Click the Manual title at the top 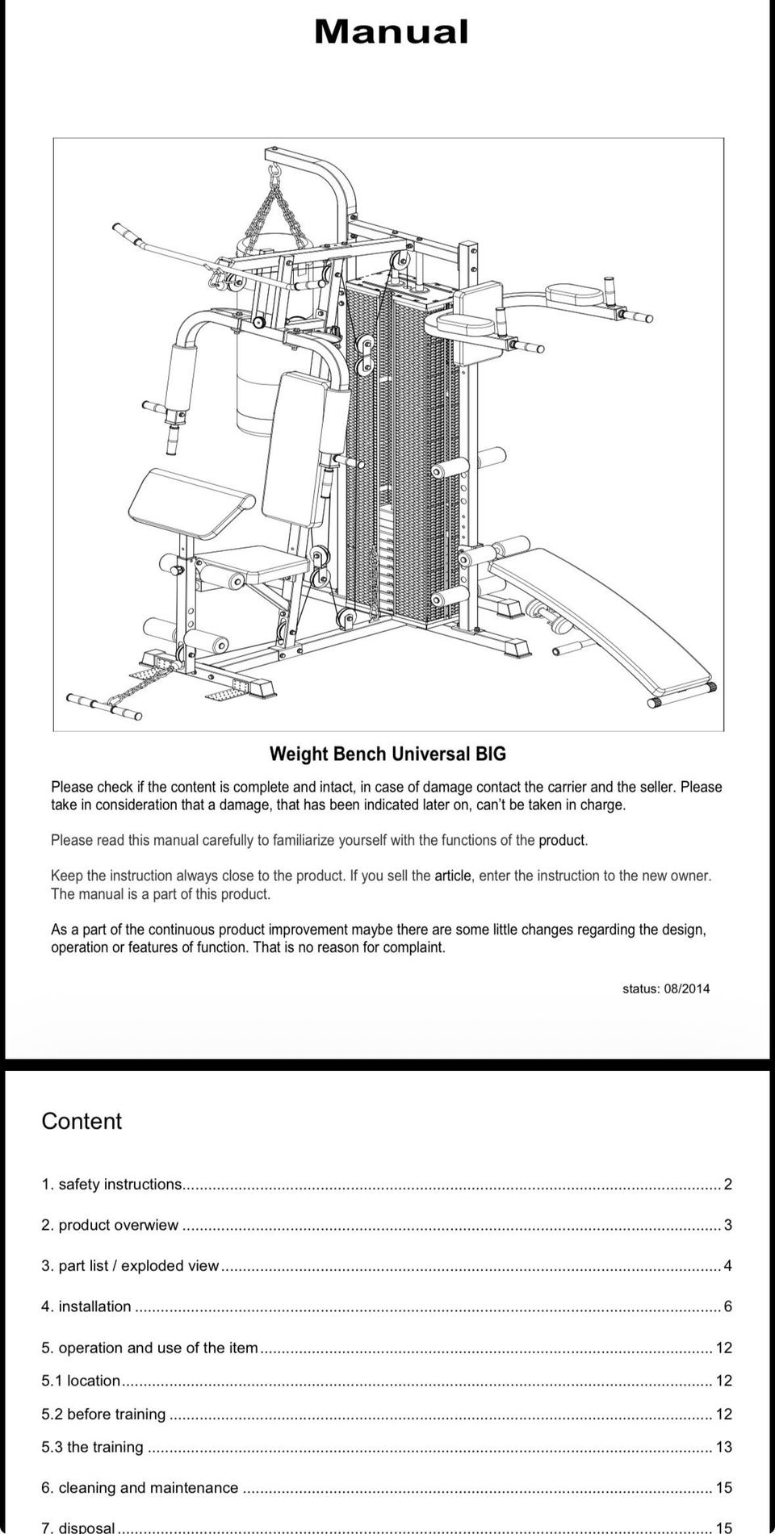391,32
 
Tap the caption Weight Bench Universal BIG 387,754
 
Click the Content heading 82,1121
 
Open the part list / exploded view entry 130,1265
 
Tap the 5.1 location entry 81,1381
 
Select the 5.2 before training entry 103,1414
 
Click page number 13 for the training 723,1447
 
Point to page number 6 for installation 727,1306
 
